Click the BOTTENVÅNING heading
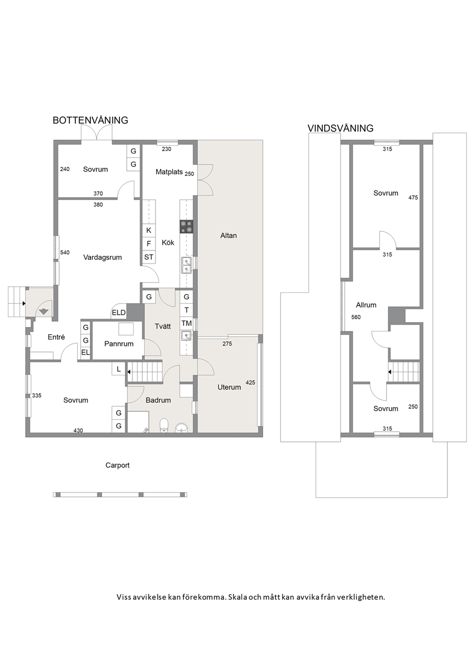coord(90,120)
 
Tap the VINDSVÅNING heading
coord(340,128)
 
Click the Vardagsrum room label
coord(102,257)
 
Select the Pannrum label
coord(119,343)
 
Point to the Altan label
coord(228,235)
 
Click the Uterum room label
coord(229,387)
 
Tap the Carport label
coord(117,465)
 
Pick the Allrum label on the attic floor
coord(366,305)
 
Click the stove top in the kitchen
coord(186,227)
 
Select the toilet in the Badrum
coord(164,425)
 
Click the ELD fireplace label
coord(118,313)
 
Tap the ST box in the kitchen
coord(149,257)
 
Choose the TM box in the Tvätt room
coord(187,323)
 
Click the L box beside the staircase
coord(119,369)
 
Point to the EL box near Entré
coord(85,352)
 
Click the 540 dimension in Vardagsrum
coord(65,253)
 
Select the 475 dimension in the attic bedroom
coord(413,198)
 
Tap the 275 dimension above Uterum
coord(227,344)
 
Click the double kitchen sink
coord(186,265)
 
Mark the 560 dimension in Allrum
coord(356,317)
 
